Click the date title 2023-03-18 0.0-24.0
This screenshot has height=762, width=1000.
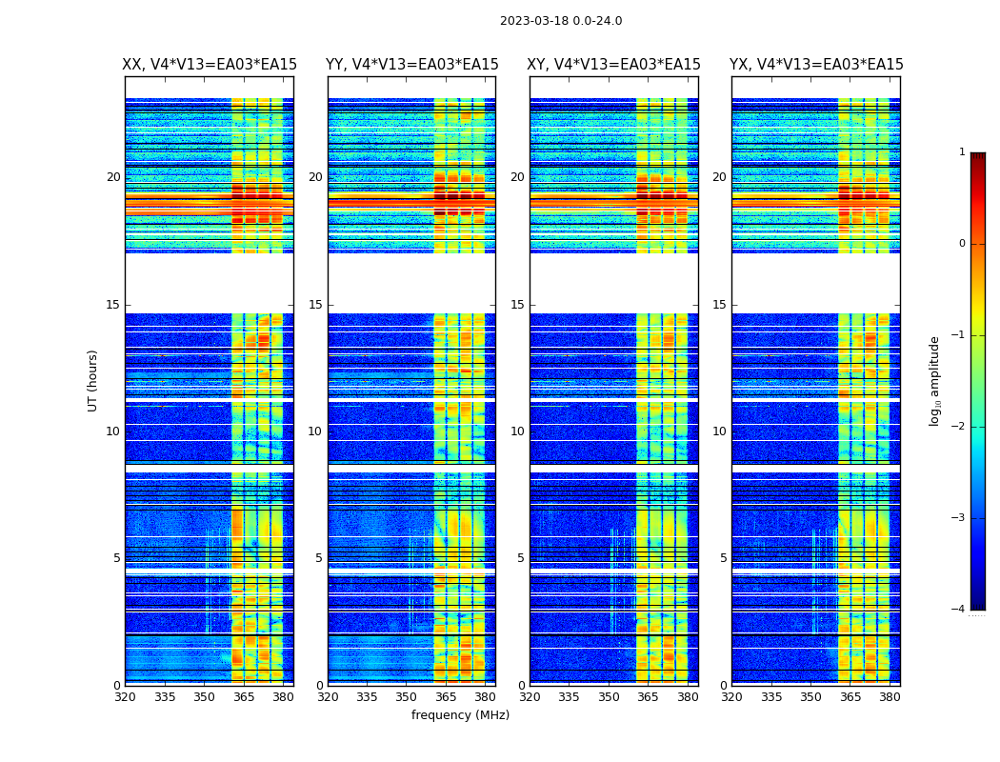[561, 21]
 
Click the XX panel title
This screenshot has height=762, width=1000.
[210, 65]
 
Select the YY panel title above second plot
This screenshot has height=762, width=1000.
[411, 65]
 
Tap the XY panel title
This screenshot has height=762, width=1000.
[614, 65]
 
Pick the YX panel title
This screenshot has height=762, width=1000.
[816, 65]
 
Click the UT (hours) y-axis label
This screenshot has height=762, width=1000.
[93, 380]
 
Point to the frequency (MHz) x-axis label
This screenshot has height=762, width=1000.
[460, 715]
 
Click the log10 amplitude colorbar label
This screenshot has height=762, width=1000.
[935, 380]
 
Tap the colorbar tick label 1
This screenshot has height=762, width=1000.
[962, 152]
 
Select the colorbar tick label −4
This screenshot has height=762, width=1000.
[959, 610]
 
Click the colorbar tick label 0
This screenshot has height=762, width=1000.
[962, 244]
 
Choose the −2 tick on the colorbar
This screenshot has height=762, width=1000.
[959, 427]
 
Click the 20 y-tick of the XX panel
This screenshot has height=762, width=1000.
[113, 177]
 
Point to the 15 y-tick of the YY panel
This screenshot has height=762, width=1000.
[315, 305]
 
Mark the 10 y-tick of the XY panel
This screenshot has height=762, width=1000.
[517, 431]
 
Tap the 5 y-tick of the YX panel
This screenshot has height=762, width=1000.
[723, 558]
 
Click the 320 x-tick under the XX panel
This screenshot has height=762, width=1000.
[125, 697]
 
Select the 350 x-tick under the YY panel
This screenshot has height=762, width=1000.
[407, 697]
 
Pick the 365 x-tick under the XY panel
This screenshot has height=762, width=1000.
[649, 697]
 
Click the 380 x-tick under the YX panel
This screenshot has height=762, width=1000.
[890, 697]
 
